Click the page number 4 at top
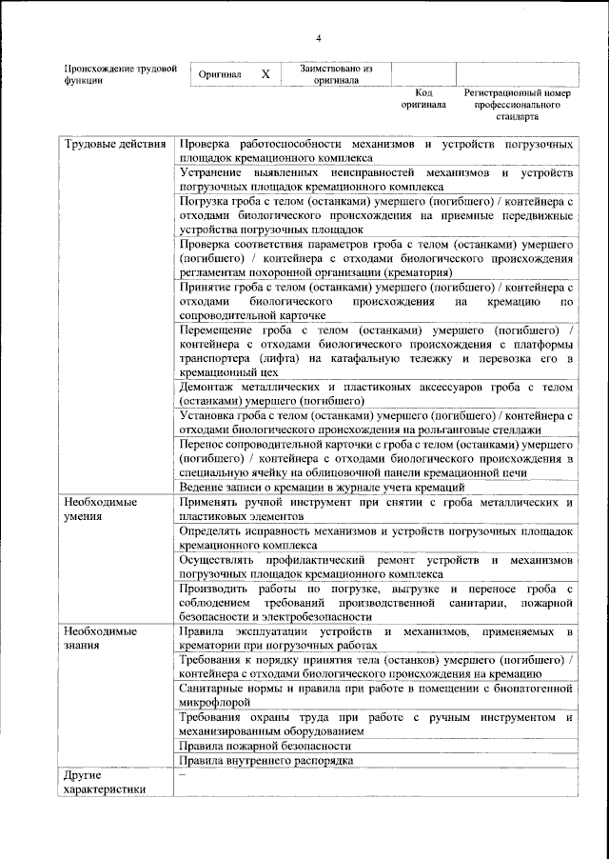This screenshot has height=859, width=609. pos(319,37)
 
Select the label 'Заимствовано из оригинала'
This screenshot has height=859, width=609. pos(336,74)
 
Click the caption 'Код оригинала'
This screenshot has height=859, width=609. pos(422,99)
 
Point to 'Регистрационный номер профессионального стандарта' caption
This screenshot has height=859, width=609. pos(517,105)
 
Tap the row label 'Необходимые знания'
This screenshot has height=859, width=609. pos(100,637)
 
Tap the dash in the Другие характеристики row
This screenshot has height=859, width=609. pos(182,775)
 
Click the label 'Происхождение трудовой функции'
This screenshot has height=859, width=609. pos(120,74)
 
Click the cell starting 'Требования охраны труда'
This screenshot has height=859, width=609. pos(375,723)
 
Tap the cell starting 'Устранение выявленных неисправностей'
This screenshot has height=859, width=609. pos(375,181)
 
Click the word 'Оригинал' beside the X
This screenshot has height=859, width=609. pos(219,74)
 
